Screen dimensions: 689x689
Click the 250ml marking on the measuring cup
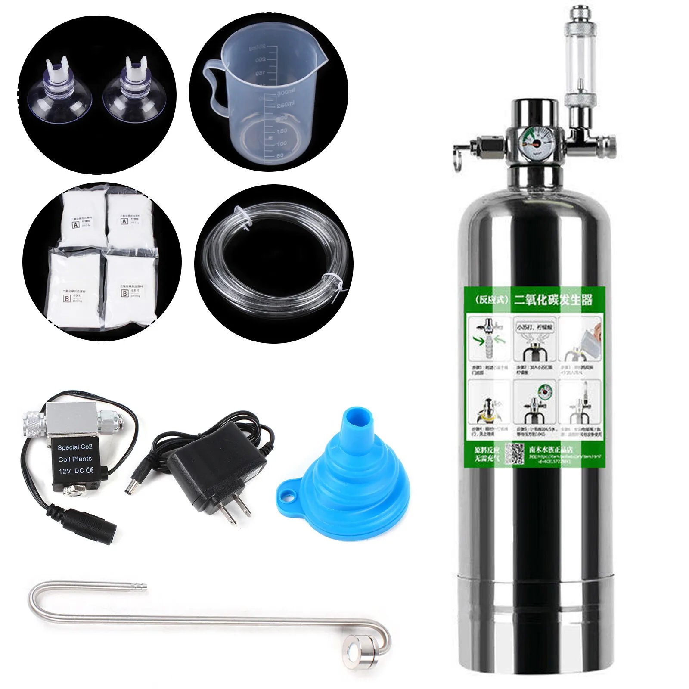286,105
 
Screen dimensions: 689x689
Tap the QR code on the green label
514,453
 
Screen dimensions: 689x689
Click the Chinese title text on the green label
553,299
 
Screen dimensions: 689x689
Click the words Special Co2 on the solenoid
75,447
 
